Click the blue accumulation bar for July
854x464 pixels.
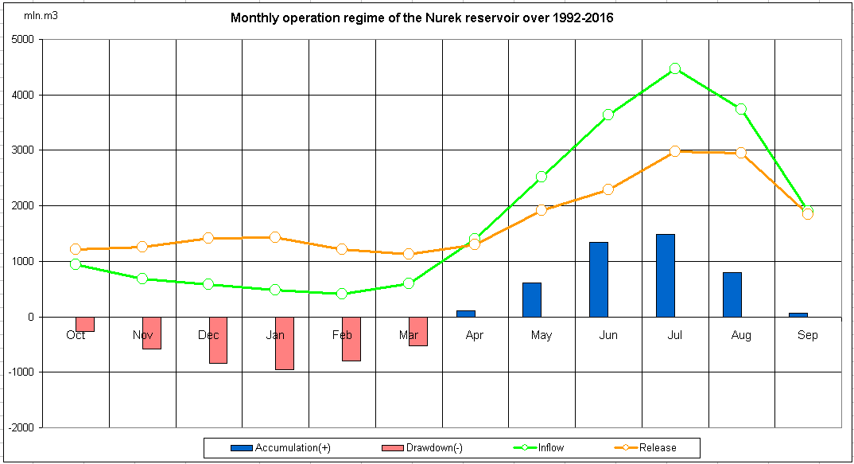(x=665, y=275)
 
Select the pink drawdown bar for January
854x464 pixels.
(x=285, y=343)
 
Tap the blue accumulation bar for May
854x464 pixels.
(x=531, y=299)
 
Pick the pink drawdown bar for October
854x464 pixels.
(x=85, y=324)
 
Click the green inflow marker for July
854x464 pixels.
(x=674, y=68)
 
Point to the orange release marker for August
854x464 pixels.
(x=741, y=153)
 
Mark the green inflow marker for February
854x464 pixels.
(x=342, y=294)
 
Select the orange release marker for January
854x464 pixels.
(x=275, y=237)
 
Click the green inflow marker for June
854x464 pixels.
(x=608, y=115)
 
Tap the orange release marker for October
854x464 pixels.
(x=76, y=249)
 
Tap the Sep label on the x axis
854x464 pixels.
(x=807, y=336)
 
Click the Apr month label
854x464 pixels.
(x=475, y=336)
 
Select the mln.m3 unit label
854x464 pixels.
(x=41, y=16)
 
